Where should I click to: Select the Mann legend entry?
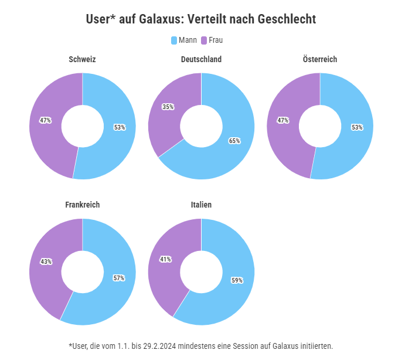(x=183, y=40)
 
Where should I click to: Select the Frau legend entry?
(x=212, y=40)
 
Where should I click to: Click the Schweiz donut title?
(x=82, y=59)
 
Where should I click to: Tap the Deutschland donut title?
(x=201, y=59)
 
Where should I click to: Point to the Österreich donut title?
(x=320, y=59)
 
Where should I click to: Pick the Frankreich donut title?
(x=82, y=205)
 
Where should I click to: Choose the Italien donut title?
(x=201, y=205)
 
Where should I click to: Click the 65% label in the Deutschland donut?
(x=234, y=141)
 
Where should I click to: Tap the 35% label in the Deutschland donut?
(x=168, y=107)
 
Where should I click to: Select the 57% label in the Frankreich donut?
(x=119, y=278)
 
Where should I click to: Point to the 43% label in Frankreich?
(x=46, y=261)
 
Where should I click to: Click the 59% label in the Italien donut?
(x=237, y=280)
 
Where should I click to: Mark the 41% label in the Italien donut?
(x=165, y=259)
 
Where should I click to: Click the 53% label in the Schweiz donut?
(x=120, y=127)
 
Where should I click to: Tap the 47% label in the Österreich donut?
(x=283, y=120)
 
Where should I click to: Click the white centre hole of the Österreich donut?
(x=320, y=126)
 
